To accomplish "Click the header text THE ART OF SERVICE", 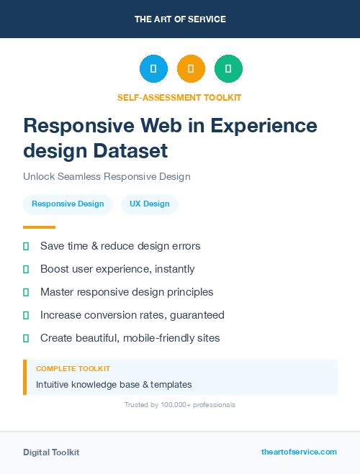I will pyautogui.click(x=180, y=19).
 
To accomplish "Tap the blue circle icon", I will pyautogui.click(x=153, y=68).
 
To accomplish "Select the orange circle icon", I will pyautogui.click(x=191, y=68).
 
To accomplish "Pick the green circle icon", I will pyautogui.click(x=228, y=68).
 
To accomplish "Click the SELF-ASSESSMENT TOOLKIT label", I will pyautogui.click(x=179, y=97).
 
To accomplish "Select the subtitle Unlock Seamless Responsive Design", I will pyautogui.click(x=106, y=176).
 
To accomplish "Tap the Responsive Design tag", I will pyautogui.click(x=68, y=204).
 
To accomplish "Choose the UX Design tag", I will pyautogui.click(x=150, y=204).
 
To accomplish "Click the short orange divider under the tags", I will pyautogui.click(x=39, y=227).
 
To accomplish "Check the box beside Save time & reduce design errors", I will pyautogui.click(x=26, y=246).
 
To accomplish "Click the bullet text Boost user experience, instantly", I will pyautogui.click(x=117, y=269).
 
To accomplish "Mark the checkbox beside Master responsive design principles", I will pyautogui.click(x=26, y=292).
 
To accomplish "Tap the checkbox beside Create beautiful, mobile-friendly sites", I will pyautogui.click(x=26, y=338).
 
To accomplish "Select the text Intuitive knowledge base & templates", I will pyautogui.click(x=114, y=385).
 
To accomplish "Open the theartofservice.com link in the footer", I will pyautogui.click(x=299, y=452).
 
